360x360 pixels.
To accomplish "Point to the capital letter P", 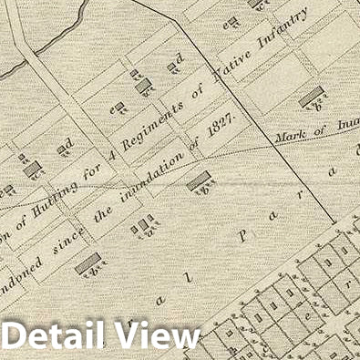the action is click(x=242, y=234).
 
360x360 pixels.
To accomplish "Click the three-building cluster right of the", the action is click(x=143, y=224).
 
